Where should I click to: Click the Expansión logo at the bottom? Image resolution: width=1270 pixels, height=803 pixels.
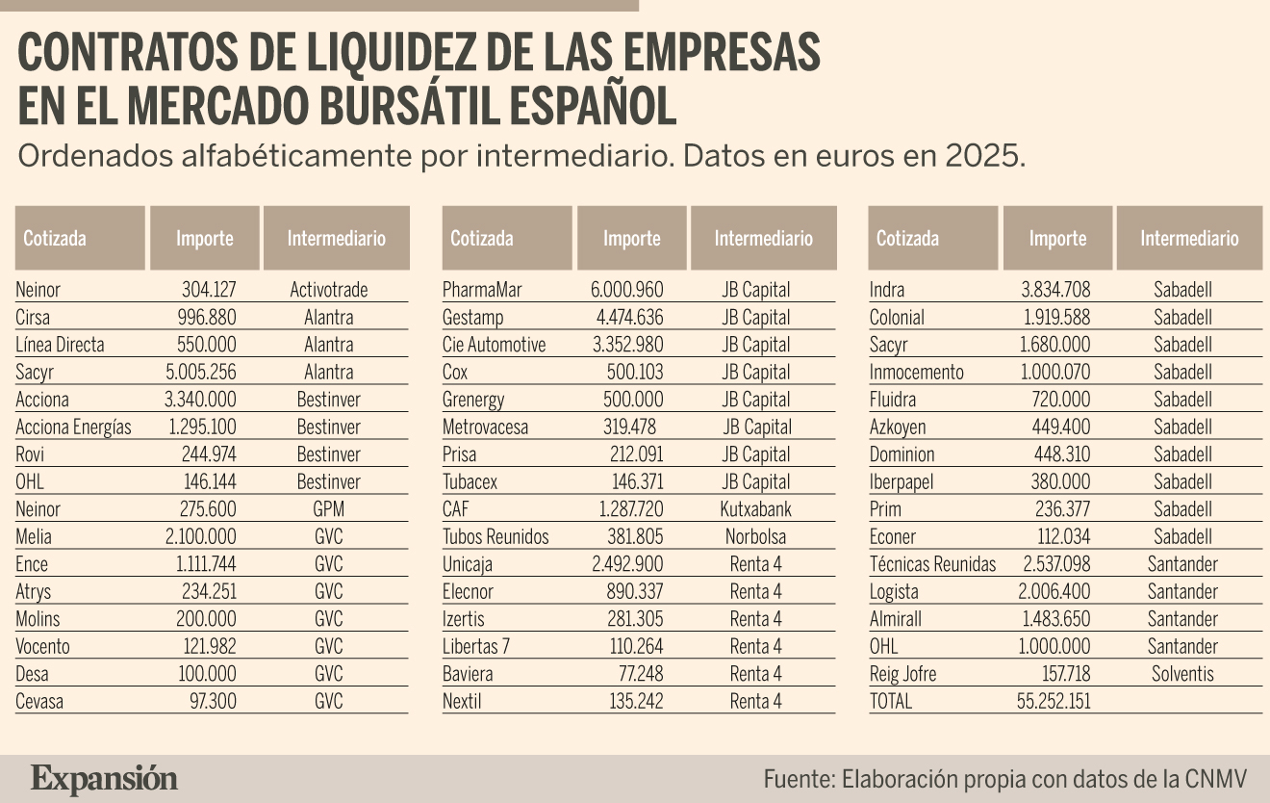pos(105,778)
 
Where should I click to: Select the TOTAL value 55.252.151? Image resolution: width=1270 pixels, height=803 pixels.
pos(1054,701)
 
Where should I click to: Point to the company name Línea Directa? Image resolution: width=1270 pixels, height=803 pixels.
pos(60,345)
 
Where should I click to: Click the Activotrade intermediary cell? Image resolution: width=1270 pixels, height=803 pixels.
pos(329,290)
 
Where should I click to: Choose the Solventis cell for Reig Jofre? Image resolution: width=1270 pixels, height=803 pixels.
pos(1182,674)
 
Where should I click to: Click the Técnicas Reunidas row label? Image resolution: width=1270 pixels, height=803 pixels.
pos(932,564)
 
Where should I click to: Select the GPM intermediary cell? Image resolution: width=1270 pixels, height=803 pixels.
pos(329,509)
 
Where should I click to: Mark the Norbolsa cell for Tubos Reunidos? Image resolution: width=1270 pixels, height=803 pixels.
pos(755,536)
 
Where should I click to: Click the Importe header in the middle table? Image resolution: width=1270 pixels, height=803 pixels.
pos(632,238)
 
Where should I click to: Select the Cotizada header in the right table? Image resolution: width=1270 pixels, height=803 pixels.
pos(907,238)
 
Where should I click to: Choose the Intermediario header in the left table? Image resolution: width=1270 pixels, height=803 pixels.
pos(336,238)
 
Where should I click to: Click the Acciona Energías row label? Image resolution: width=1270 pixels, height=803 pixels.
pos(73,427)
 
